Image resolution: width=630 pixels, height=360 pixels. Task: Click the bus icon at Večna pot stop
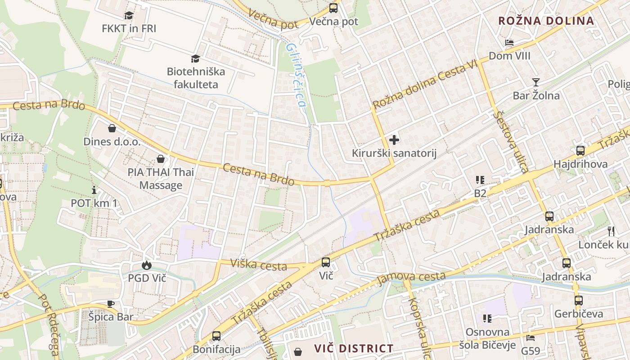pos(333,8)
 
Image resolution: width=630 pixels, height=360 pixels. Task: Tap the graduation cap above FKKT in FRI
pos(129,15)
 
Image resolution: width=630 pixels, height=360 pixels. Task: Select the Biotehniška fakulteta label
pos(196,78)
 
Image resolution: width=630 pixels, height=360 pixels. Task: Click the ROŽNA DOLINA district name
pos(546,21)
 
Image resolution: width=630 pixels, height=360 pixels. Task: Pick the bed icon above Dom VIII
pos(509,43)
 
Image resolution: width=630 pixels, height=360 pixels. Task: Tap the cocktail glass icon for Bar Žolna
pos(535,82)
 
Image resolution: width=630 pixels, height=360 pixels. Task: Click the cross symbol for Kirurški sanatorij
pos(394,140)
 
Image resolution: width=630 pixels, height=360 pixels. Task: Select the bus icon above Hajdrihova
pos(580,151)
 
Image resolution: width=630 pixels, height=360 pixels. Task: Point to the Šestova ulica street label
pos(510,142)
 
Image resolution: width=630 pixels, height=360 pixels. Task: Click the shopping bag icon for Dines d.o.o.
pos(112,129)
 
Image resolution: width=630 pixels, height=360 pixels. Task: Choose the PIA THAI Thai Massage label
pos(161,178)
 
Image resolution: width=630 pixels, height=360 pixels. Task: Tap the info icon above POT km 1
pos(94,190)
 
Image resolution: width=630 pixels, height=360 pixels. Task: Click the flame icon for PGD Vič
pos(147,265)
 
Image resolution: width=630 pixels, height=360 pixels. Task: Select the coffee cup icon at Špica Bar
pos(111,304)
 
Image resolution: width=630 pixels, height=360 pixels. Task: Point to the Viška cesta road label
pos(258,265)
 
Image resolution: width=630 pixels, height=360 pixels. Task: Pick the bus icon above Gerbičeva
pos(578,300)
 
